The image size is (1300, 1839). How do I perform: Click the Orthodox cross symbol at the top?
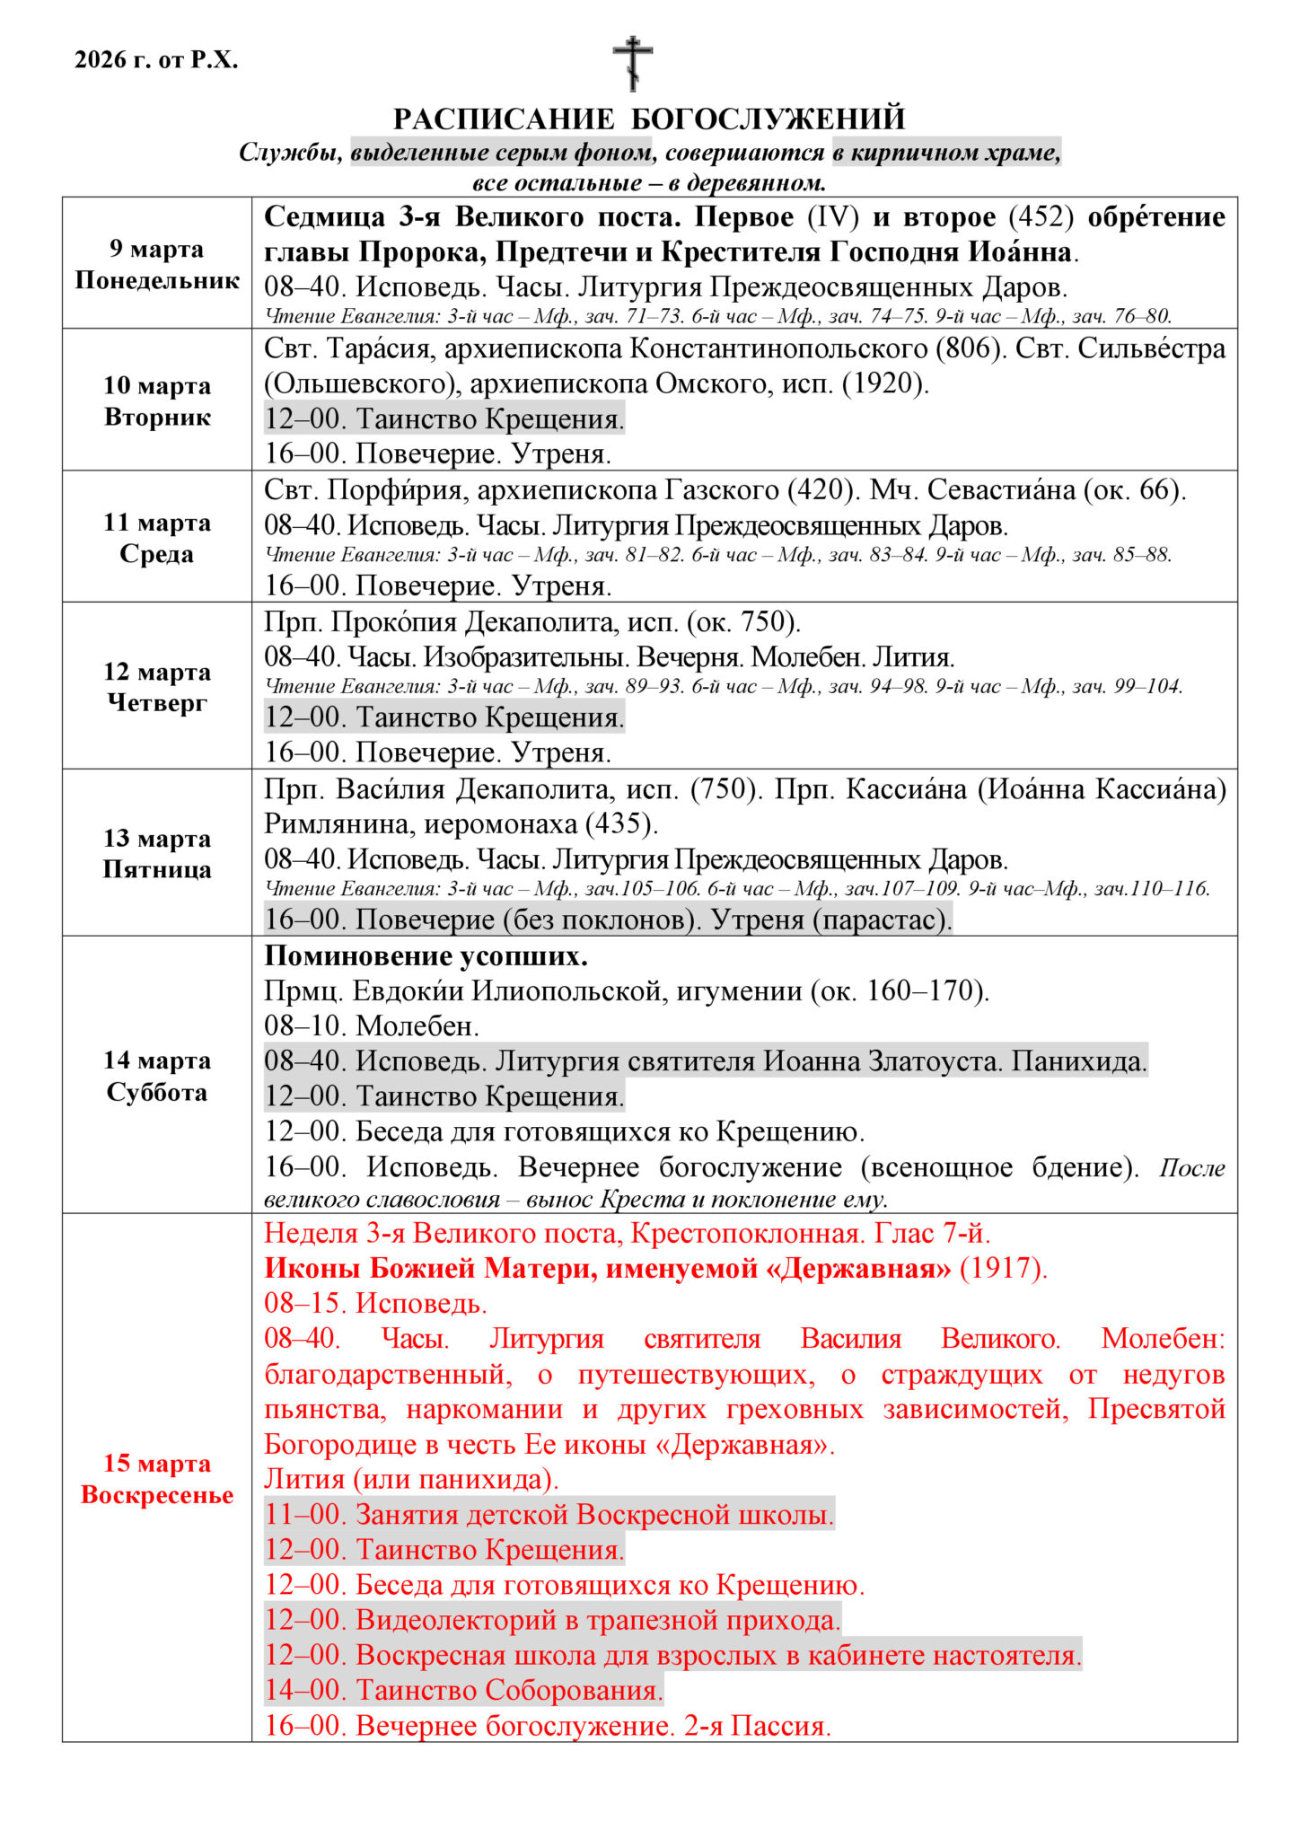(633, 63)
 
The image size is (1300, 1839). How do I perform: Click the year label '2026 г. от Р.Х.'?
(156, 60)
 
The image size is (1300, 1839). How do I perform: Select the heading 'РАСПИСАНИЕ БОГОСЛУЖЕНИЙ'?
(649, 119)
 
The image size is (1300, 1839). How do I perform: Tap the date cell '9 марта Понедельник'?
(157, 264)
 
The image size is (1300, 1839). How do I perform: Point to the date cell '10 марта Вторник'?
(157, 400)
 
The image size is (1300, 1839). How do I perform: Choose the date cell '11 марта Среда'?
(157, 537)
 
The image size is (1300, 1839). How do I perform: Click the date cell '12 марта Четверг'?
(157, 686)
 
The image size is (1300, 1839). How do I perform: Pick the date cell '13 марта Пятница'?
(157, 853)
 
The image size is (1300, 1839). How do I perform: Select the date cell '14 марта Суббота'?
(157, 1076)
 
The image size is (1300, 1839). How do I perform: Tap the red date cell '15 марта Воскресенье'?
(157, 1478)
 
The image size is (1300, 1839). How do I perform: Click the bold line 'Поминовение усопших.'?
(426, 956)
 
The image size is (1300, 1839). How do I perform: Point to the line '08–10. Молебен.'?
(372, 1025)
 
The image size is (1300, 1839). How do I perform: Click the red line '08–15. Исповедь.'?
(375, 1303)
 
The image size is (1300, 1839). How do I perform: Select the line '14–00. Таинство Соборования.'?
(463, 1690)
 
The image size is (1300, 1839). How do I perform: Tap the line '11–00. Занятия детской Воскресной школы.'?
(549, 1514)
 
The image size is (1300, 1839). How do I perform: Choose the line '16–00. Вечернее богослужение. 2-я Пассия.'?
(548, 1725)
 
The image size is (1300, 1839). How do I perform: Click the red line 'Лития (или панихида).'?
(411, 1479)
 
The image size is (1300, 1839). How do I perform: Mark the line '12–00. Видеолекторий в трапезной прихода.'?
(553, 1620)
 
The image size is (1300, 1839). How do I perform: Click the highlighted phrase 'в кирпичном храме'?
(945, 153)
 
